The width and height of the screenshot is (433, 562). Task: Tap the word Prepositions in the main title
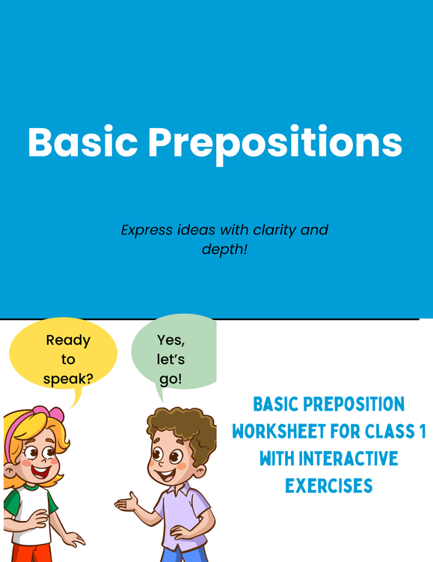click(x=275, y=143)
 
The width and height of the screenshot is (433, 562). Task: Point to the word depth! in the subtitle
click(x=224, y=249)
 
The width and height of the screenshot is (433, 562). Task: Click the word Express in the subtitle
click(x=148, y=229)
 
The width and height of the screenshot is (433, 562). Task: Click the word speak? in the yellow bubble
click(x=68, y=378)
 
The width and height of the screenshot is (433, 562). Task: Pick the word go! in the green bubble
click(x=171, y=378)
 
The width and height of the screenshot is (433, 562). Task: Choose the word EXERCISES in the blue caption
click(x=328, y=486)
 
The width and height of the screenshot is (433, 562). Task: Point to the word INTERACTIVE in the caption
click(x=350, y=459)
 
